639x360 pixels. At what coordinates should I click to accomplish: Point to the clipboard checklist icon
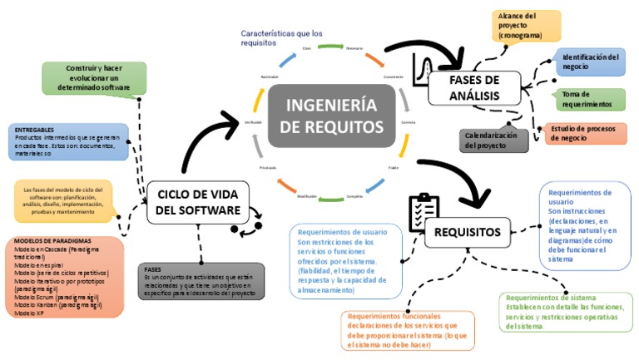[x=421, y=212]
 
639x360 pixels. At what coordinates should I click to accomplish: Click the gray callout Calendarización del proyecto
[x=493, y=140]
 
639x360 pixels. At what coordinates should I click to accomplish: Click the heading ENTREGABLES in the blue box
[x=34, y=130]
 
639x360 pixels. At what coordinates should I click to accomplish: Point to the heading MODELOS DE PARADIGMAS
[x=52, y=240]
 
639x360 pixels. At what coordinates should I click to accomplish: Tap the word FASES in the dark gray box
[x=152, y=269]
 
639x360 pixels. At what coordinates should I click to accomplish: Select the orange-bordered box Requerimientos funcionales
[x=408, y=330]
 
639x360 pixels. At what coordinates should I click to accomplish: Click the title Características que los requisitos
[x=281, y=39]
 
